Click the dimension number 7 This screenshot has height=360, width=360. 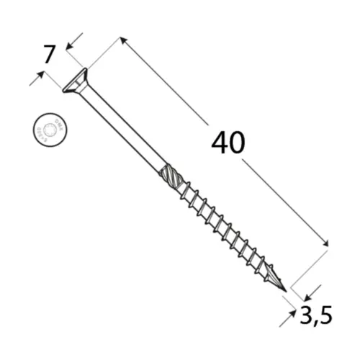[49, 55]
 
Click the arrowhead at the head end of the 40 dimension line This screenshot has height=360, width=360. [123, 41]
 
